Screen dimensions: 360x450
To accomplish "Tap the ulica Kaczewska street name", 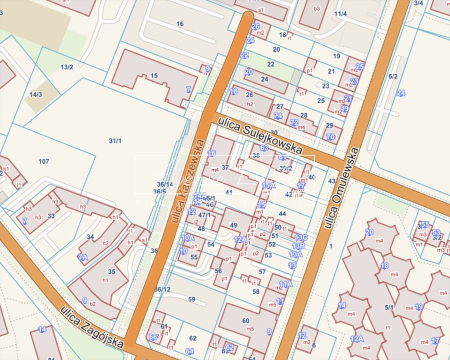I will (188, 180).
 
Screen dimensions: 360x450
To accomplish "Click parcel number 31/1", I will (115, 141).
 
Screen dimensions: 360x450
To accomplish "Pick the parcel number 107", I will (44, 162).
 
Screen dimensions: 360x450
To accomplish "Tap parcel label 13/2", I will (67, 67).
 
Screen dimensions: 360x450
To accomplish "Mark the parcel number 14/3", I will (36, 94).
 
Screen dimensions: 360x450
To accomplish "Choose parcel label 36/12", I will (162, 289).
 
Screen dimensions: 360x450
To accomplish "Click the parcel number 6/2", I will (393, 76).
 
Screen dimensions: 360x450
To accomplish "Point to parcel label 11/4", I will (340, 14).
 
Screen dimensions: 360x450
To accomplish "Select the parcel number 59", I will (191, 299).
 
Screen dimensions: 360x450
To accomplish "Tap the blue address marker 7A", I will (83, 257).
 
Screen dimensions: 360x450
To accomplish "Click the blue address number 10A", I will (188, 238).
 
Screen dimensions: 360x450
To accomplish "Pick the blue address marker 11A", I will (285, 284).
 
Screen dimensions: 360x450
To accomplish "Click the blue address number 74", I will (278, 116).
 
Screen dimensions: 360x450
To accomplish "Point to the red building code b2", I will (92, 304).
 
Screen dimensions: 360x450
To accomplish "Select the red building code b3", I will (317, 8).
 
